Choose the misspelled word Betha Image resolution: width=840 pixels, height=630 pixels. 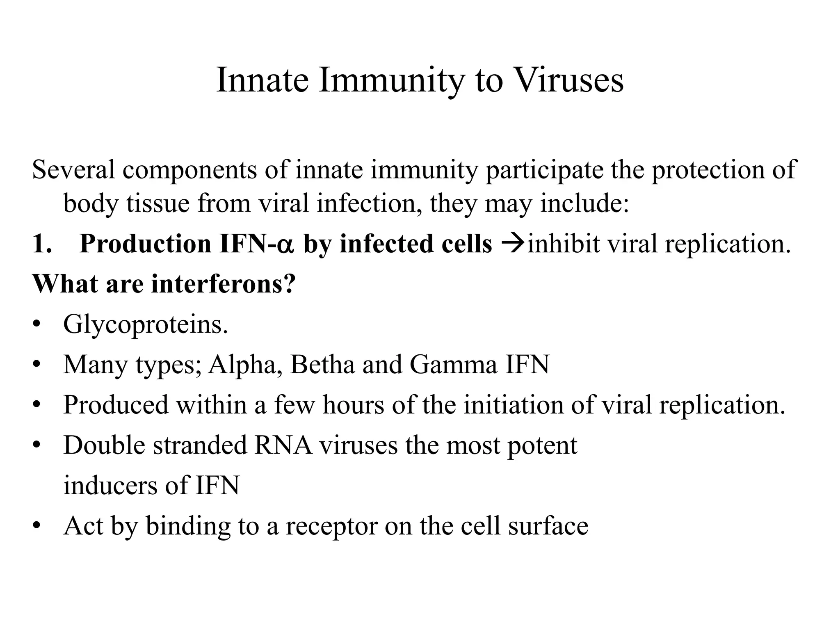[322, 364]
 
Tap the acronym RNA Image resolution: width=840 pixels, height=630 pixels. [283, 445]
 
